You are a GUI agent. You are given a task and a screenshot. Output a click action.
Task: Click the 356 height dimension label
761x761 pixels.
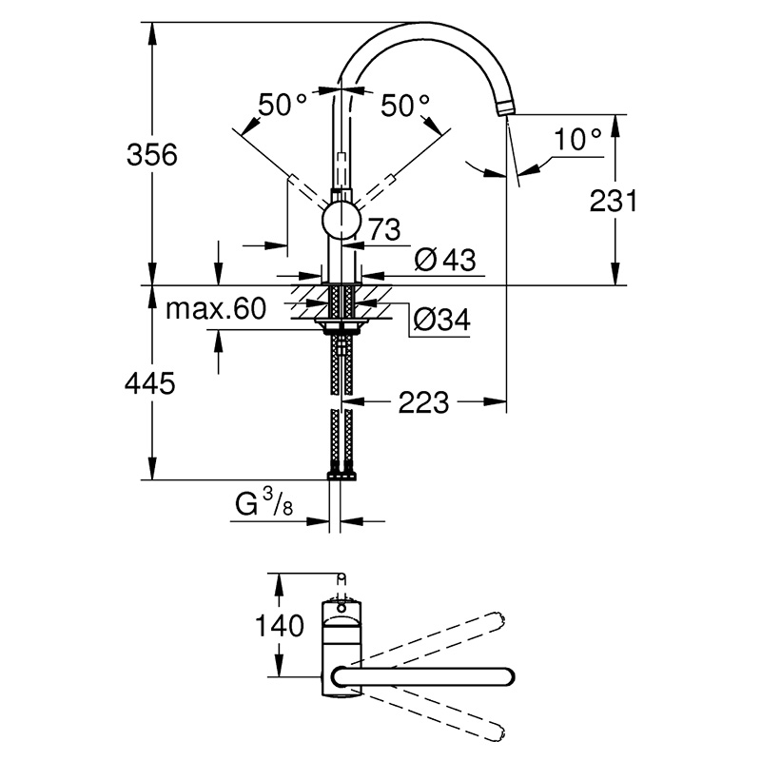point(152,155)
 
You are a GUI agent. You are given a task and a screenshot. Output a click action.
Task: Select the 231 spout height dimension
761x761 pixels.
point(613,201)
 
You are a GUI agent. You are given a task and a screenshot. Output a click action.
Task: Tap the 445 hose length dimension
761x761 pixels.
point(150,384)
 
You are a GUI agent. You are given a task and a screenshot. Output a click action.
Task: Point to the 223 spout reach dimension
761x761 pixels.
point(423,402)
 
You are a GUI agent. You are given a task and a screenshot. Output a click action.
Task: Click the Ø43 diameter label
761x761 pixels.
point(445,260)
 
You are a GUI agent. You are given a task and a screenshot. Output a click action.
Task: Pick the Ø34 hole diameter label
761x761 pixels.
point(441,320)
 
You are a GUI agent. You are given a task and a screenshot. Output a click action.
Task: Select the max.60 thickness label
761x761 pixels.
point(216,308)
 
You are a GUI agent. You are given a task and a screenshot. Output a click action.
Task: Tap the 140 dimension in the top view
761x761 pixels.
point(280,625)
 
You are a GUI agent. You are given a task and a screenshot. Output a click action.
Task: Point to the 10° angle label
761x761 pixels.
point(577,140)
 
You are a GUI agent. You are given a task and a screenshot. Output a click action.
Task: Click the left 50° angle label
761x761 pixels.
point(283,105)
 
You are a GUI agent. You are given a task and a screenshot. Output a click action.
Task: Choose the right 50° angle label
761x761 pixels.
point(405,106)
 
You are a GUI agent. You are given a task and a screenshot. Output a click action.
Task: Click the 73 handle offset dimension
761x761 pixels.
point(385,229)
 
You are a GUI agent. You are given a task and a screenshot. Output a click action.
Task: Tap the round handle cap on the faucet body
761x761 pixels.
point(341,220)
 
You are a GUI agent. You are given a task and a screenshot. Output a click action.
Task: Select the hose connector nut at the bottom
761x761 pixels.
point(341,475)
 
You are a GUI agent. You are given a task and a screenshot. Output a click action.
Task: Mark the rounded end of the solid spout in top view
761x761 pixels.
point(507,676)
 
